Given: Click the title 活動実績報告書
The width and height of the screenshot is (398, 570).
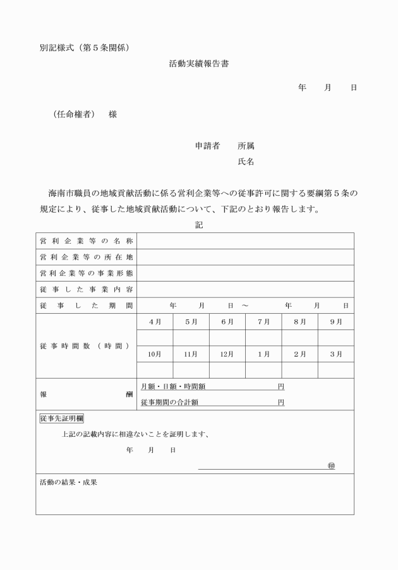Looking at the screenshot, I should (x=198, y=64).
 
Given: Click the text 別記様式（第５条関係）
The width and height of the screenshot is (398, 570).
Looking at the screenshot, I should (x=85, y=47).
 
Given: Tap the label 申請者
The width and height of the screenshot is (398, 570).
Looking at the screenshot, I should (x=207, y=146).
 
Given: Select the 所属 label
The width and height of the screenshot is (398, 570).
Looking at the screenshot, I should (x=246, y=146).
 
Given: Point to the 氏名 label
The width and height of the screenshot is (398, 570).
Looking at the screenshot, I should (x=246, y=162).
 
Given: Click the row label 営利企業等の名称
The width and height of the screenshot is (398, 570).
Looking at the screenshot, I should (x=86, y=241).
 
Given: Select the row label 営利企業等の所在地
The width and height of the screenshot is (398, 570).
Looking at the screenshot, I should (x=86, y=257).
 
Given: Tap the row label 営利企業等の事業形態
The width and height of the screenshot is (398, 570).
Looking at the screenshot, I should (x=86, y=273).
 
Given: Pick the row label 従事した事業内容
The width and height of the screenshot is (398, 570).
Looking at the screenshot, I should (x=86, y=289).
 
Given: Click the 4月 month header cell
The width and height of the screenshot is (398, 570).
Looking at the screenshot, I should (x=155, y=322).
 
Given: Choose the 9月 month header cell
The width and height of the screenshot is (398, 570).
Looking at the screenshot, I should (x=336, y=322).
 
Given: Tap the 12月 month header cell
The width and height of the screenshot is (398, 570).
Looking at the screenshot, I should (x=227, y=354).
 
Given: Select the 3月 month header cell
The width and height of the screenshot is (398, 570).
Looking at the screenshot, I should (x=336, y=354).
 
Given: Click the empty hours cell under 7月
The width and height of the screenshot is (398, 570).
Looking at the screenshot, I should (x=263, y=338).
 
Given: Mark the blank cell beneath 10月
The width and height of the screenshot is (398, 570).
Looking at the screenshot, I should (x=155, y=370).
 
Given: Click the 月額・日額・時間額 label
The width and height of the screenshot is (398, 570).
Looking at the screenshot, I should (x=172, y=386).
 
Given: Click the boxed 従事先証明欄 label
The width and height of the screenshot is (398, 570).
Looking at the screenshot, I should (x=61, y=419).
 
